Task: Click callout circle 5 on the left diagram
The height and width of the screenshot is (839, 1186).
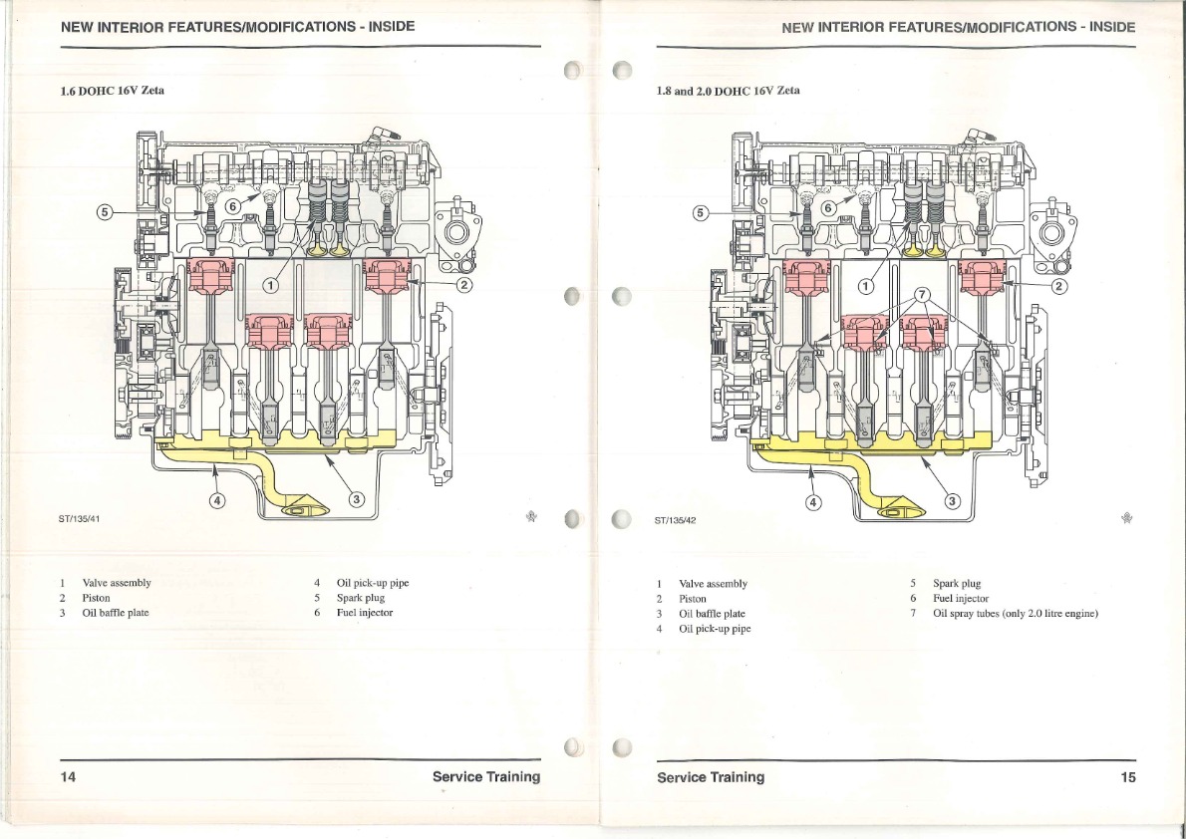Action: (106, 212)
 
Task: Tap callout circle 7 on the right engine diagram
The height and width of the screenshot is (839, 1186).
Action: (921, 294)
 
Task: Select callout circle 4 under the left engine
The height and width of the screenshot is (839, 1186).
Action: (217, 501)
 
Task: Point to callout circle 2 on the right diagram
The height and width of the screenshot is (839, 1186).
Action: (1058, 286)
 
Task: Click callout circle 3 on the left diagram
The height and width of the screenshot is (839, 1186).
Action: (356, 498)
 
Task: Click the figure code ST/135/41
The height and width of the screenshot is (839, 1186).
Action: (80, 519)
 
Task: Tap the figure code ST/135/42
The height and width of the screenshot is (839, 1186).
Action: (675, 520)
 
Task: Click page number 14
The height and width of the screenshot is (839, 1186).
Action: (68, 776)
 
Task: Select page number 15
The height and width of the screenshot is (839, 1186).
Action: (1128, 777)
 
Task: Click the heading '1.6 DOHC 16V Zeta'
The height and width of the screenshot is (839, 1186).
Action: (112, 91)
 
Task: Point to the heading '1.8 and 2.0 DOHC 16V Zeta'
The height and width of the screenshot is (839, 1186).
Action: (729, 91)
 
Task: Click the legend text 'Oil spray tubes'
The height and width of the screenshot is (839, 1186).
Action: (965, 614)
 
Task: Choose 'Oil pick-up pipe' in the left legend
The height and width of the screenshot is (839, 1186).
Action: (373, 583)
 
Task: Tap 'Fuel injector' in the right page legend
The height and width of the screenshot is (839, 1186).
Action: (961, 599)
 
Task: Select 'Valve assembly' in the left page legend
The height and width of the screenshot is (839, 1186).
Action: (117, 583)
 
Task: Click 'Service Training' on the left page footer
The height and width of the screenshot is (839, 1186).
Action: (486, 776)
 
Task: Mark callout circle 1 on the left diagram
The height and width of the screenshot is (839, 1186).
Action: (270, 284)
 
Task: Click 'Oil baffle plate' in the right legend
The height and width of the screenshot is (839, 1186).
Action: (712, 614)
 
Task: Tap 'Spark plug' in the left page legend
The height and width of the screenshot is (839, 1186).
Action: (361, 598)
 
